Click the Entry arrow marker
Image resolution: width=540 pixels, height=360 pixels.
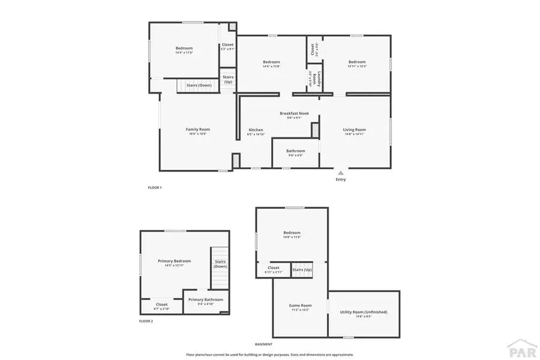pyautogui.click(x=341, y=172)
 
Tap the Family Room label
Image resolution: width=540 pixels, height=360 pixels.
pyautogui.click(x=197, y=130)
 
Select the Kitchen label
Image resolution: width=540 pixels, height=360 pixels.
pyautogui.click(x=256, y=130)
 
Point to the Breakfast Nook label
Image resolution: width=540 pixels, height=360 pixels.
pyautogui.click(x=294, y=113)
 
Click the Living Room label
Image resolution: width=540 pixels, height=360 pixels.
pyautogui.click(x=354, y=130)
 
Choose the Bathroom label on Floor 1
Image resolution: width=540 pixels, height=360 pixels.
pyautogui.click(x=295, y=151)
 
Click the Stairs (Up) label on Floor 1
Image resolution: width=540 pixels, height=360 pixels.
pyautogui.click(x=228, y=79)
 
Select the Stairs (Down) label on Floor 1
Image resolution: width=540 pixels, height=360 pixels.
pyautogui.click(x=199, y=85)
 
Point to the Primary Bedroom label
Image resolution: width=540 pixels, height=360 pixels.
pyautogui.click(x=174, y=261)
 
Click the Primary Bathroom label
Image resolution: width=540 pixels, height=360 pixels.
pyautogui.click(x=205, y=299)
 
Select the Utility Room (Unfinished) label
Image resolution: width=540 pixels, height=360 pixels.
pyautogui.click(x=364, y=312)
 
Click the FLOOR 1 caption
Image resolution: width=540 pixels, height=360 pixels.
pyautogui.click(x=155, y=188)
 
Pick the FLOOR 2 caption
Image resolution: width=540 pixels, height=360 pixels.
pyautogui.click(x=146, y=321)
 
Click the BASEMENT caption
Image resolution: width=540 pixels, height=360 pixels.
pyautogui.click(x=263, y=344)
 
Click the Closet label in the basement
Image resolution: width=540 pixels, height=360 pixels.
pyautogui.click(x=274, y=268)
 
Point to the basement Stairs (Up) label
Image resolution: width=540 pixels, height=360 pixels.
pyautogui.click(x=302, y=269)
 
